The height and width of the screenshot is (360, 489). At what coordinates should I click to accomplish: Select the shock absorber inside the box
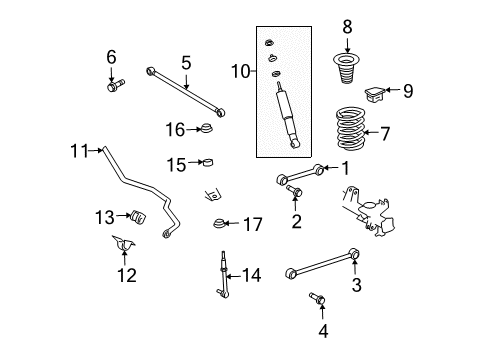pyautogui.click(x=286, y=116)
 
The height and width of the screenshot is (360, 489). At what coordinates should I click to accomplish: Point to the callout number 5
pyautogui.click(x=185, y=62)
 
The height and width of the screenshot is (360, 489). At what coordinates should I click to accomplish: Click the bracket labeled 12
pyautogui.click(x=125, y=249)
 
